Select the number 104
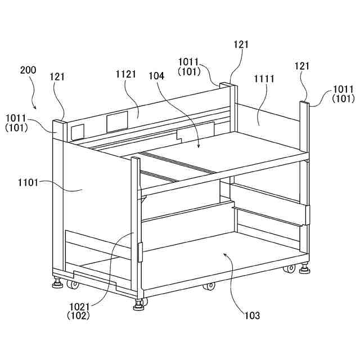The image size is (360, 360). coord(157,75)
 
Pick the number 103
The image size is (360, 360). coord(252,316)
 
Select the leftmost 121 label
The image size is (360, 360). coord(58,76)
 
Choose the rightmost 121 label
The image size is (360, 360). coord(302,66)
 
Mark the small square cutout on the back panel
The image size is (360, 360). coord(77,131)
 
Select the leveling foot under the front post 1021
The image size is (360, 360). coord(138,306)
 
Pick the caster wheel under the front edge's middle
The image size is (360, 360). coord(209,286)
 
